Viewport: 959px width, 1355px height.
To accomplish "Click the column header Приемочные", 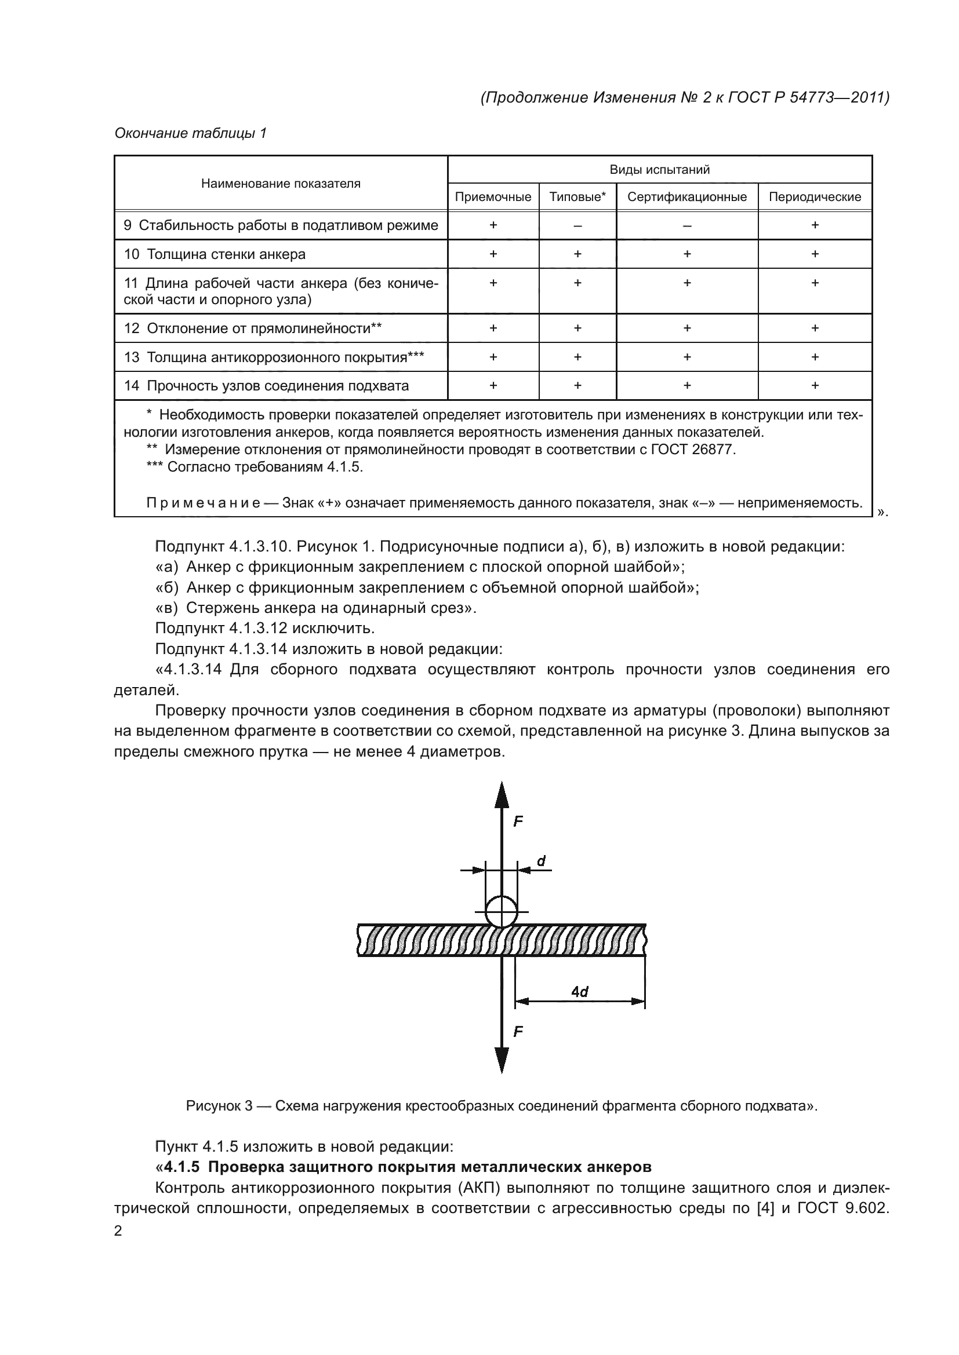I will [492, 197].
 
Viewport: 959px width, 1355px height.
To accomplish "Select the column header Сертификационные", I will [686, 197].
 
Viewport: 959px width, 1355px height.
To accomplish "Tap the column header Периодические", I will [814, 197].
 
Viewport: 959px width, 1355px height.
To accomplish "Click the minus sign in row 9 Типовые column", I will [577, 225].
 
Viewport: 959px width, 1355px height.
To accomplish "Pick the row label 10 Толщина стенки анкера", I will [215, 254].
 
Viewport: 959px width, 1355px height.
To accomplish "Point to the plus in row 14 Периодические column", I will [814, 385].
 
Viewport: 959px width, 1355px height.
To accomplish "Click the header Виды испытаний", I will [659, 170].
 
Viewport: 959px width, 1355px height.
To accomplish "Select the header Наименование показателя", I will [281, 184].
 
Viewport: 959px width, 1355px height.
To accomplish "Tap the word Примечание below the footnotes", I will [203, 503].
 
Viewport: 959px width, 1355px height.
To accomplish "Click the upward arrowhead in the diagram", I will [502, 795].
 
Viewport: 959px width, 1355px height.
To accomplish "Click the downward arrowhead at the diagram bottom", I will [502, 1060].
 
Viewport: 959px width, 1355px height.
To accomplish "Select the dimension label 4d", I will [579, 992].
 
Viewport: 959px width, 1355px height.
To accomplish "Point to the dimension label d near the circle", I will [541, 861].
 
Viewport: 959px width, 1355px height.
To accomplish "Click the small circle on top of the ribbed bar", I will [502, 911].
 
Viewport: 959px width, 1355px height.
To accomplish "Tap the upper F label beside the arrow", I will [518, 821].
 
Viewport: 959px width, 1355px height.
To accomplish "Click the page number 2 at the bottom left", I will [118, 1231].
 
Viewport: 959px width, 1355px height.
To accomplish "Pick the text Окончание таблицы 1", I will [190, 133].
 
